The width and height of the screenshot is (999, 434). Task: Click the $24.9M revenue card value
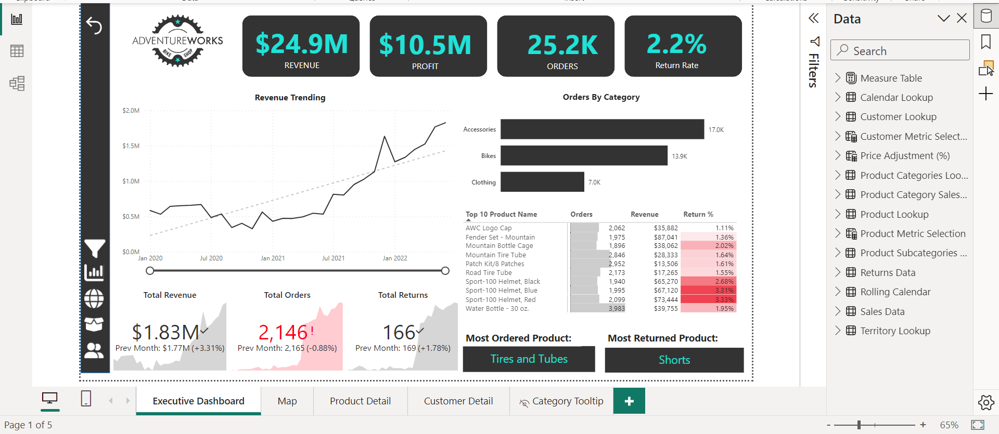301,44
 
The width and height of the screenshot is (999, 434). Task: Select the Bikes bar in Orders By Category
583,155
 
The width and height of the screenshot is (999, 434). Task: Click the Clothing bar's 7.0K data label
594,182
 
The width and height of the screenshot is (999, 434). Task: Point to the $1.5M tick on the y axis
131,146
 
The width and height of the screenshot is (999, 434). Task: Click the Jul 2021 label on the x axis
333,258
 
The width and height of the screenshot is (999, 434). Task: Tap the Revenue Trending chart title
290,98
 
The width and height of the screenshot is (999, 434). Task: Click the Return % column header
698,214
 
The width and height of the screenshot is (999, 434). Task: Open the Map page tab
287,401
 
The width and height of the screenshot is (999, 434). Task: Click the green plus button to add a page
629,401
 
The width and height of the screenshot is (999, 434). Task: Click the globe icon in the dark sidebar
94,298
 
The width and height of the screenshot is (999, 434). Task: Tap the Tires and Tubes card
529,359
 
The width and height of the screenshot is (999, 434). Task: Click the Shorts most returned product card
674,360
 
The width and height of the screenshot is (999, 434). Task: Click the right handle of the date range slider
445,271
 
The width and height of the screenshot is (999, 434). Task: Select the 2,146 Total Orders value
283,332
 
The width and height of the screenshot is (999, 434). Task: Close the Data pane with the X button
962,19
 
